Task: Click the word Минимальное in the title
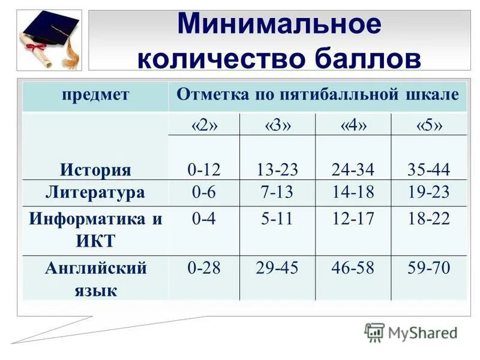pos(279,25)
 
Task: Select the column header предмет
pos(95,94)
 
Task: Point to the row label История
pos(95,170)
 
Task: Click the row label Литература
pos(95,193)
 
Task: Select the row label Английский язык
pos(95,279)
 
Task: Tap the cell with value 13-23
pos(277,170)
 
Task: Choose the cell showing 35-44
pos(429,170)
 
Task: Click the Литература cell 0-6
pos(204,193)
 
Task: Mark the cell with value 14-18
pos(353,193)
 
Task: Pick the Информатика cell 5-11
pos(277,219)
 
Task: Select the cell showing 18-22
pos(429,219)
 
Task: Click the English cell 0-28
pos(204,268)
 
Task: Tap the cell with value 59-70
pos(429,268)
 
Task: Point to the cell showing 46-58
pos(353,268)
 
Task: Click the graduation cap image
pos(50,40)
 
